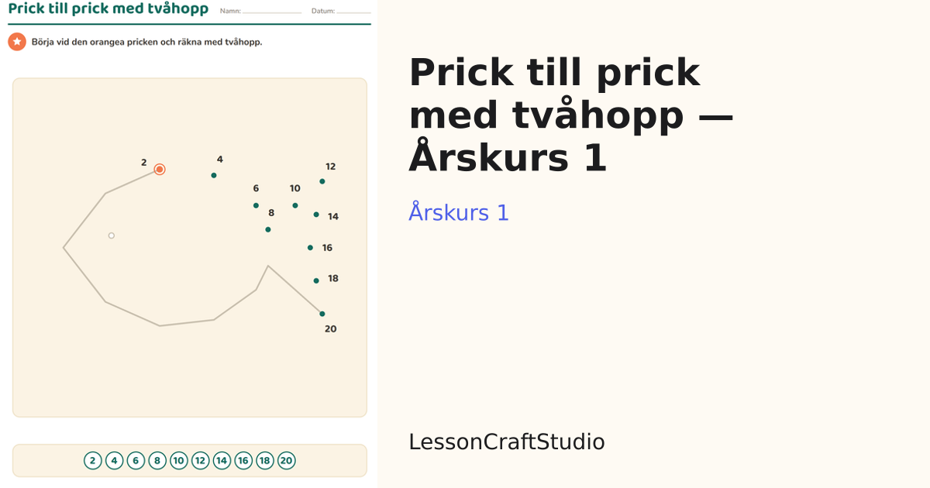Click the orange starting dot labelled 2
coord(160,170)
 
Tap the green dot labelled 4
coord(214,176)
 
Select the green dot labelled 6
coord(257,205)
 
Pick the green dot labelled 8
coord(268,229)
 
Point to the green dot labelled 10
coord(295,205)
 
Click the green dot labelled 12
coord(322,181)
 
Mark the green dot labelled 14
coord(316,215)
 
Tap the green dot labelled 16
coord(310,248)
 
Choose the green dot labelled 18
coord(316,281)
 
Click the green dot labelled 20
coord(322,314)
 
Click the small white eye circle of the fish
coord(112,235)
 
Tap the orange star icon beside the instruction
coord(17,42)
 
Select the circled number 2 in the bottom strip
coord(92,461)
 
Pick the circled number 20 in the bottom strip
coord(287,461)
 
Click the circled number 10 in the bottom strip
coord(179,461)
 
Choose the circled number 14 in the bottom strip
coord(222,461)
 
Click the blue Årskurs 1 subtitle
coord(458,212)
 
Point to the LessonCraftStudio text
coord(507,442)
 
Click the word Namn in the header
coord(230,11)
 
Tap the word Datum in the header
coord(323,11)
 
